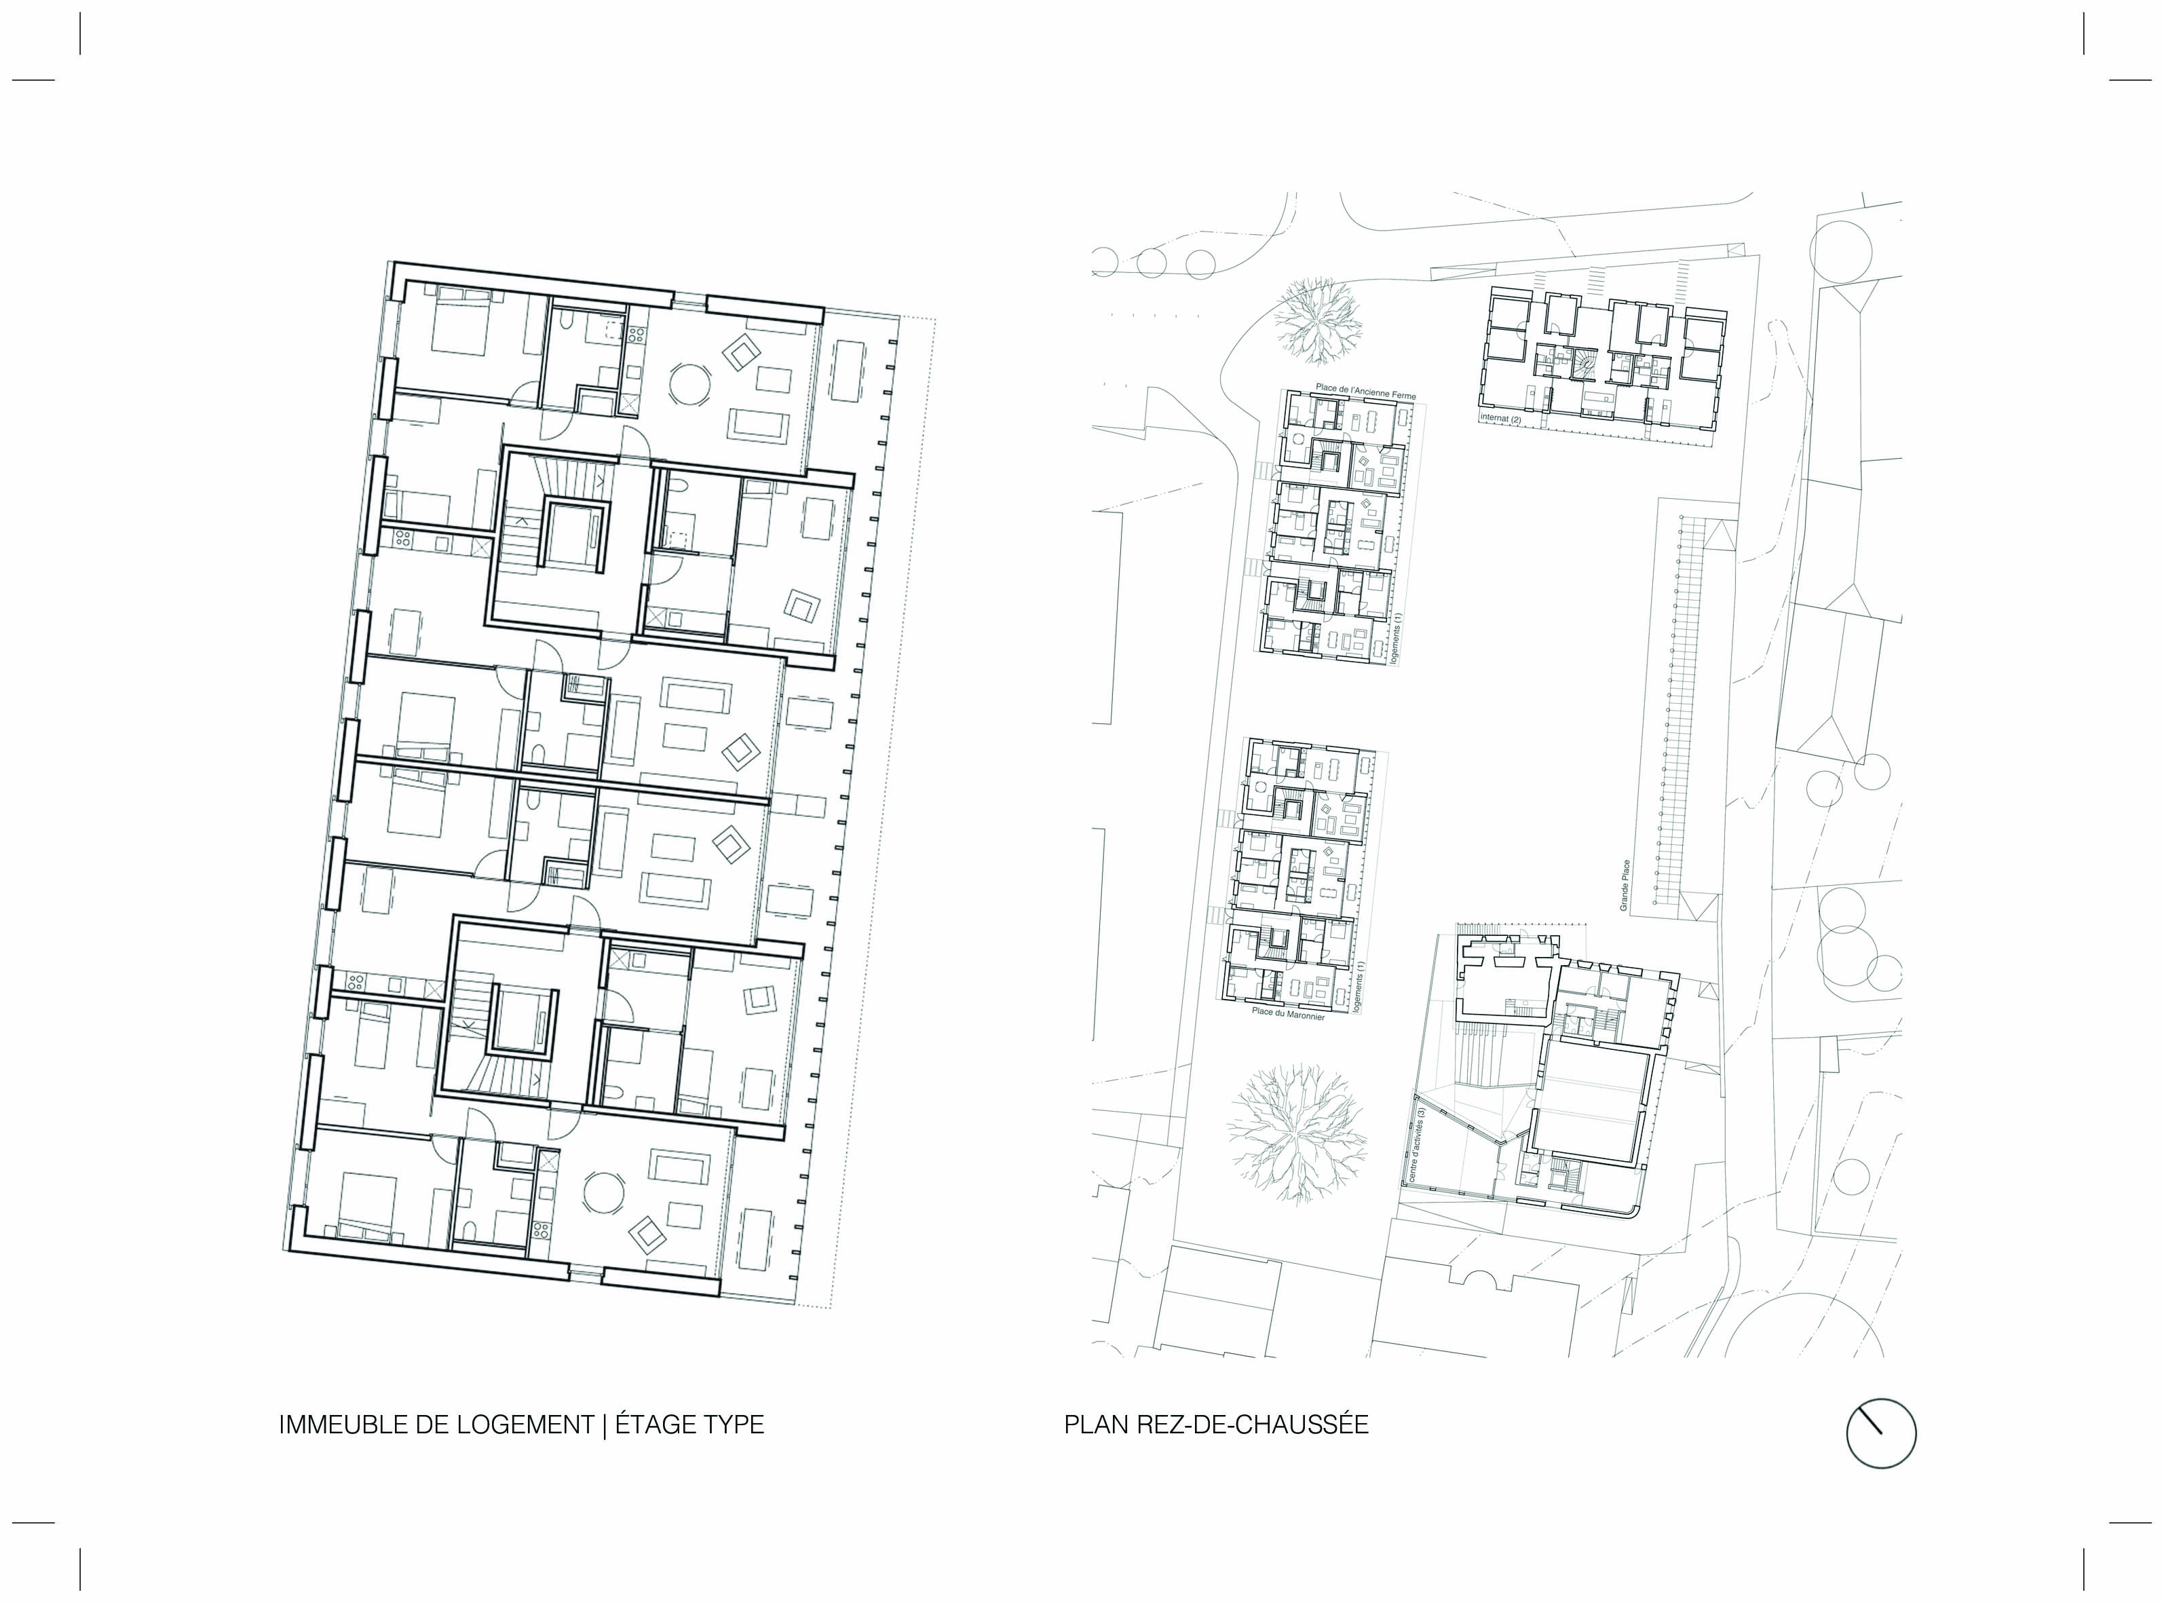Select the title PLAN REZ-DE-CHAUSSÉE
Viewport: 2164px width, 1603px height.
[x=1215, y=1425]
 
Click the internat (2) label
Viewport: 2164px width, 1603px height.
[x=1500, y=418]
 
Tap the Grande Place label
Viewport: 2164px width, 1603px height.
[x=1624, y=885]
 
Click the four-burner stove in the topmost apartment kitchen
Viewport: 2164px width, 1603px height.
[x=637, y=336]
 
